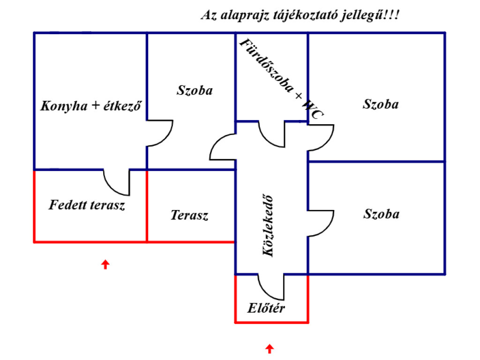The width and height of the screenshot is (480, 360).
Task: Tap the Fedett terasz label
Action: click(87, 205)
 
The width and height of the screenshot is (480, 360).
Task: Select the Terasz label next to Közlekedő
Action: click(189, 216)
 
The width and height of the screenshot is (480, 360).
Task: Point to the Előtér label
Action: click(266, 308)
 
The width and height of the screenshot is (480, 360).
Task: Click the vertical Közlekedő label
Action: click(268, 225)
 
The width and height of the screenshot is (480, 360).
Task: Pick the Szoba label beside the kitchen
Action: click(195, 90)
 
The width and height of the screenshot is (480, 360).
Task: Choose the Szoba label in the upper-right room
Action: click(381, 104)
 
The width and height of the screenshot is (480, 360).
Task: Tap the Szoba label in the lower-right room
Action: click(381, 214)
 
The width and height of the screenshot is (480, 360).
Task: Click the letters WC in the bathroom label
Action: click(313, 111)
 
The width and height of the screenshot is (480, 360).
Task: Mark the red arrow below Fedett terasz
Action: click(105, 264)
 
